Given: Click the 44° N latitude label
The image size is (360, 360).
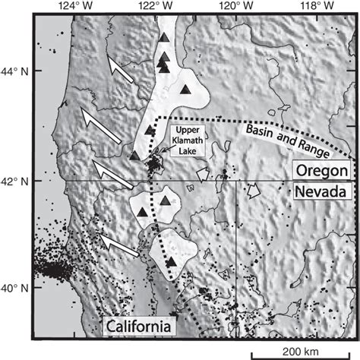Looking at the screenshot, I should click(x=17, y=72).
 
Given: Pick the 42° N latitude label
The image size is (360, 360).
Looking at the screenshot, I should click(x=17, y=181).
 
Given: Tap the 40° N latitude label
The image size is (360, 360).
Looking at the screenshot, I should click(x=17, y=289).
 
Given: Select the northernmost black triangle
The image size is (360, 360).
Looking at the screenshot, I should click(x=164, y=38).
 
